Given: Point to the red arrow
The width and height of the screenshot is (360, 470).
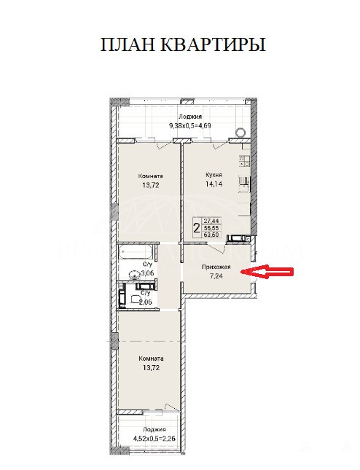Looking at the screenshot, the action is [267, 272].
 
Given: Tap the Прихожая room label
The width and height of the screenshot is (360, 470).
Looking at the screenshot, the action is [216, 267].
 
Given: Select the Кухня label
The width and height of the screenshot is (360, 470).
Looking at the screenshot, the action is [214, 174].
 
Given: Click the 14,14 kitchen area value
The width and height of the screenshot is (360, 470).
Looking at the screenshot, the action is [214, 184].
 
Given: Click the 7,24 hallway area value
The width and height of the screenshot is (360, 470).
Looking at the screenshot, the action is [216, 276].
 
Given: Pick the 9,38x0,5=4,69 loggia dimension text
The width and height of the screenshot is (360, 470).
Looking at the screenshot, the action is [190, 125].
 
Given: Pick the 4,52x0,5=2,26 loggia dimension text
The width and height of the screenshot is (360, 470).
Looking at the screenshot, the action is [154, 439].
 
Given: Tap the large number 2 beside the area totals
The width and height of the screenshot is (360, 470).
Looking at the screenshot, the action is [197, 229].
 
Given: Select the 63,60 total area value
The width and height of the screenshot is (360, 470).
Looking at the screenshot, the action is [211, 235].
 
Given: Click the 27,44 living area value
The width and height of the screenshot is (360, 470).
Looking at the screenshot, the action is [211, 221].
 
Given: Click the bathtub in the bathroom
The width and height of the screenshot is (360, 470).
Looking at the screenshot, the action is [136, 252].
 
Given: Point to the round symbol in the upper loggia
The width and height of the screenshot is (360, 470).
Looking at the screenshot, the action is [240, 132].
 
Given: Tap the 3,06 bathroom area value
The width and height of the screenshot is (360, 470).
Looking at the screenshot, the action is [147, 273].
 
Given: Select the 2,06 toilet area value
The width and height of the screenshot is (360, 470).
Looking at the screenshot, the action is [146, 302].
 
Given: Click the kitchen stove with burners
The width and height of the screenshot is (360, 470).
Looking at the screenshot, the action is [244, 161].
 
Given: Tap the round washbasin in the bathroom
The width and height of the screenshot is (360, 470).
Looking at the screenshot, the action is [134, 274].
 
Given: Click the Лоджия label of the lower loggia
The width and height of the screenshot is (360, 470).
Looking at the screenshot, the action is [154, 429].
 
